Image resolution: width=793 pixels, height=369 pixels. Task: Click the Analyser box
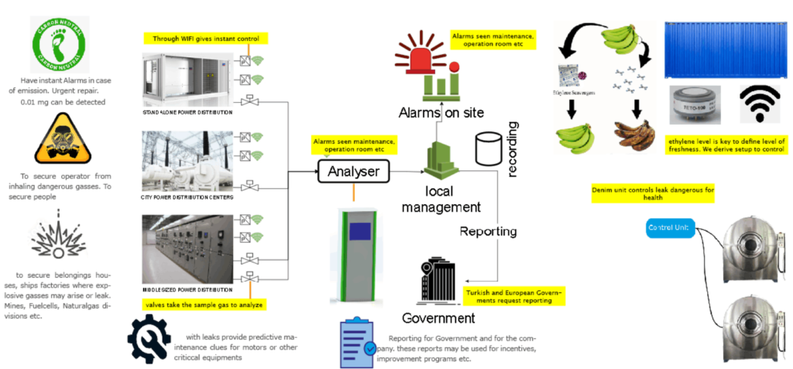[353, 170]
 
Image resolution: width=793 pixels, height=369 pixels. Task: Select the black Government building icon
[438, 279]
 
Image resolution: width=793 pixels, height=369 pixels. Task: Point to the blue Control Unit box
[670, 228]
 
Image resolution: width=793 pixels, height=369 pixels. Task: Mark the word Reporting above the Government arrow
[489, 231]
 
